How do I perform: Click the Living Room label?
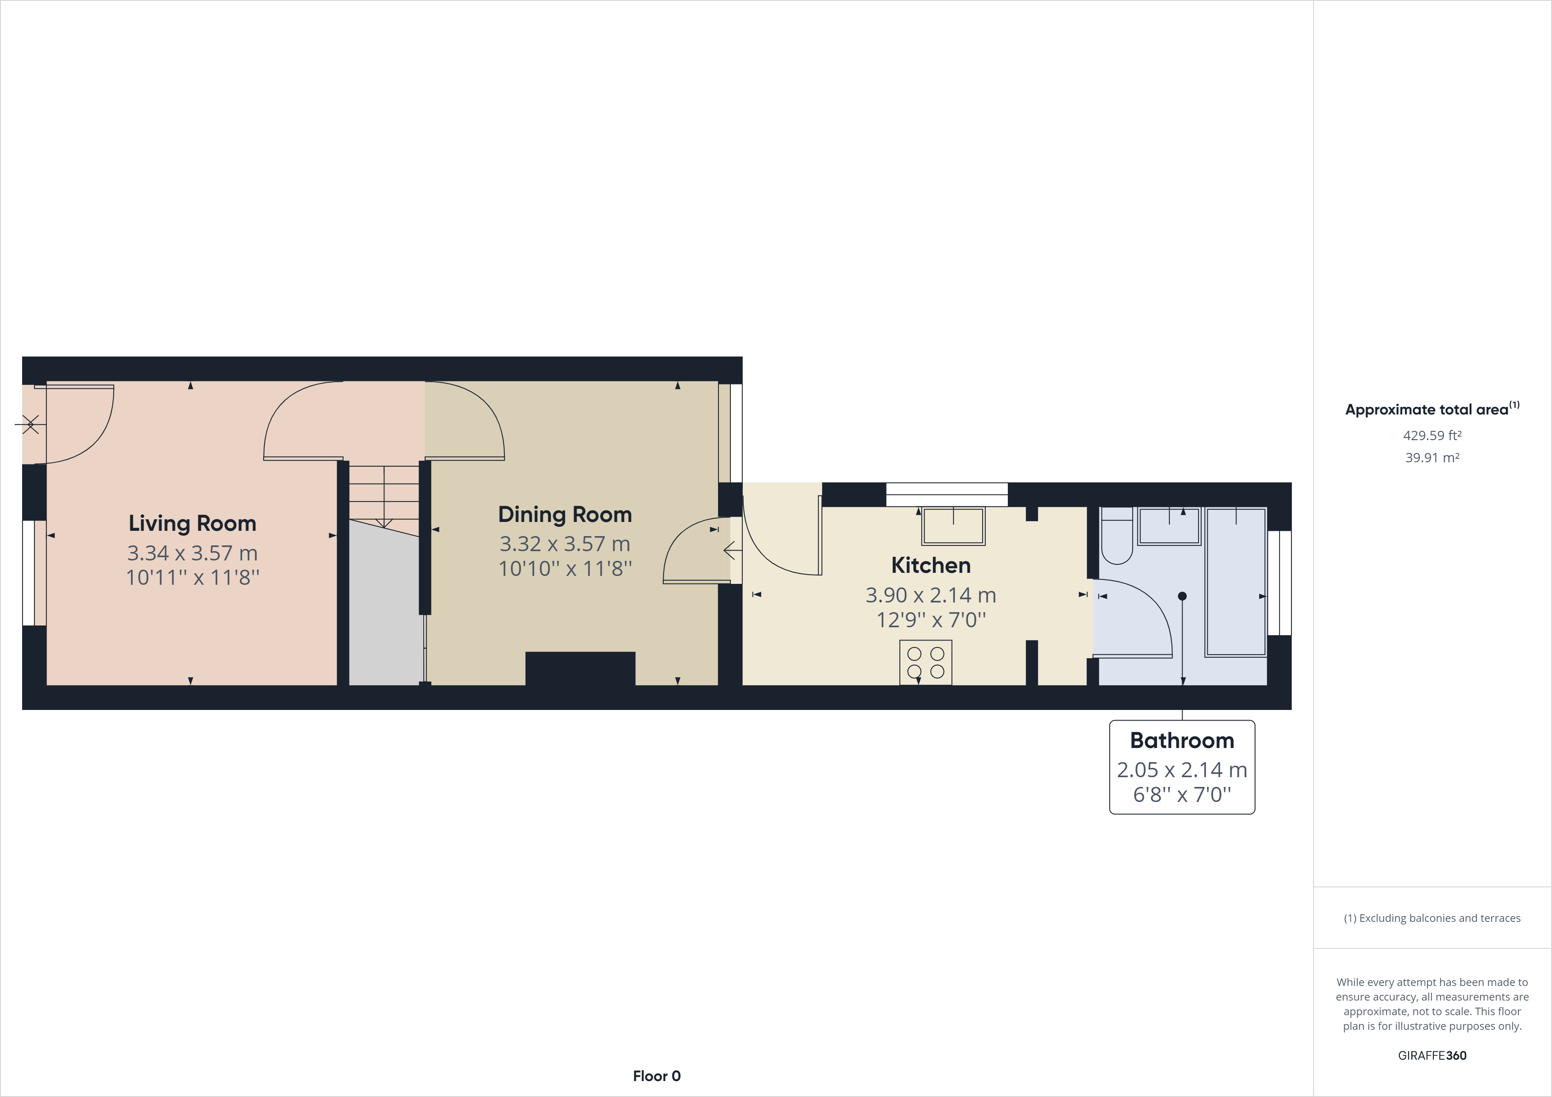192,523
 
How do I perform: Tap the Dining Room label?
565,514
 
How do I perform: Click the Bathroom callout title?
1182,740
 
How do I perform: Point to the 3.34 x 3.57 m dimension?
192,553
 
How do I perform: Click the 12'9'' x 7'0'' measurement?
931,620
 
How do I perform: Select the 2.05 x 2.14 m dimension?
1182,769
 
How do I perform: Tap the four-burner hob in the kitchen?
926,662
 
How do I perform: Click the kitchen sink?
953,526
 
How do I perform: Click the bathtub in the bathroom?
1236,581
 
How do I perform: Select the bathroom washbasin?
1169,526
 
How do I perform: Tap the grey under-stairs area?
383,608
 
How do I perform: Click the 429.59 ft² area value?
1432,435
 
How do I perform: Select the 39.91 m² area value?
1432,457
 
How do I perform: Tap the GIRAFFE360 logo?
1432,1055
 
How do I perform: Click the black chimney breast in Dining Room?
580,668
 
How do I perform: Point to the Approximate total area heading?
1432,409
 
